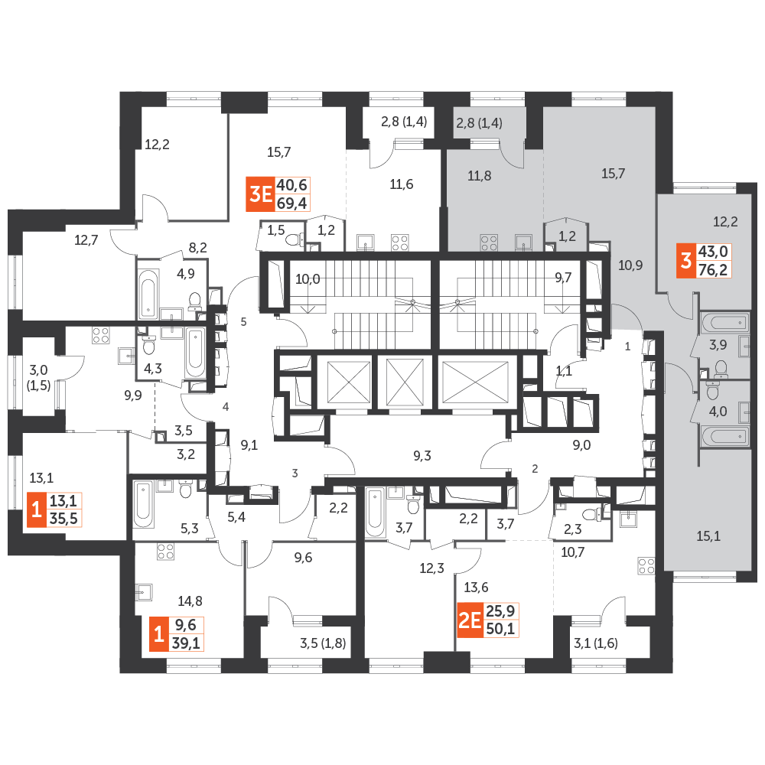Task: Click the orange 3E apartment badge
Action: [x=260, y=194]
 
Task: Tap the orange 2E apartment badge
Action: [x=470, y=620]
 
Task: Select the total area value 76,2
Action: [x=713, y=270]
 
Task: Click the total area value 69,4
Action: [x=291, y=203]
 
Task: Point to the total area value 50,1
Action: [x=500, y=629]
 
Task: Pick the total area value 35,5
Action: [x=63, y=518]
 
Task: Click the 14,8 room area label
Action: [x=190, y=601]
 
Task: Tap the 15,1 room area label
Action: [x=708, y=536]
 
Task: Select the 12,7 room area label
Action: [x=86, y=240]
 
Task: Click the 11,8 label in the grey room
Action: [x=479, y=176]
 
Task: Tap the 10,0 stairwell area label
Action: [x=308, y=279]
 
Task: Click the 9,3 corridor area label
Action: [x=422, y=456]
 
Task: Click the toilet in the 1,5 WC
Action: [x=292, y=240]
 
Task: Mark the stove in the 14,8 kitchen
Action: [x=165, y=552]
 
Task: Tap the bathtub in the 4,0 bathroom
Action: [x=724, y=435]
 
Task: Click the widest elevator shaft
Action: [x=477, y=382]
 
